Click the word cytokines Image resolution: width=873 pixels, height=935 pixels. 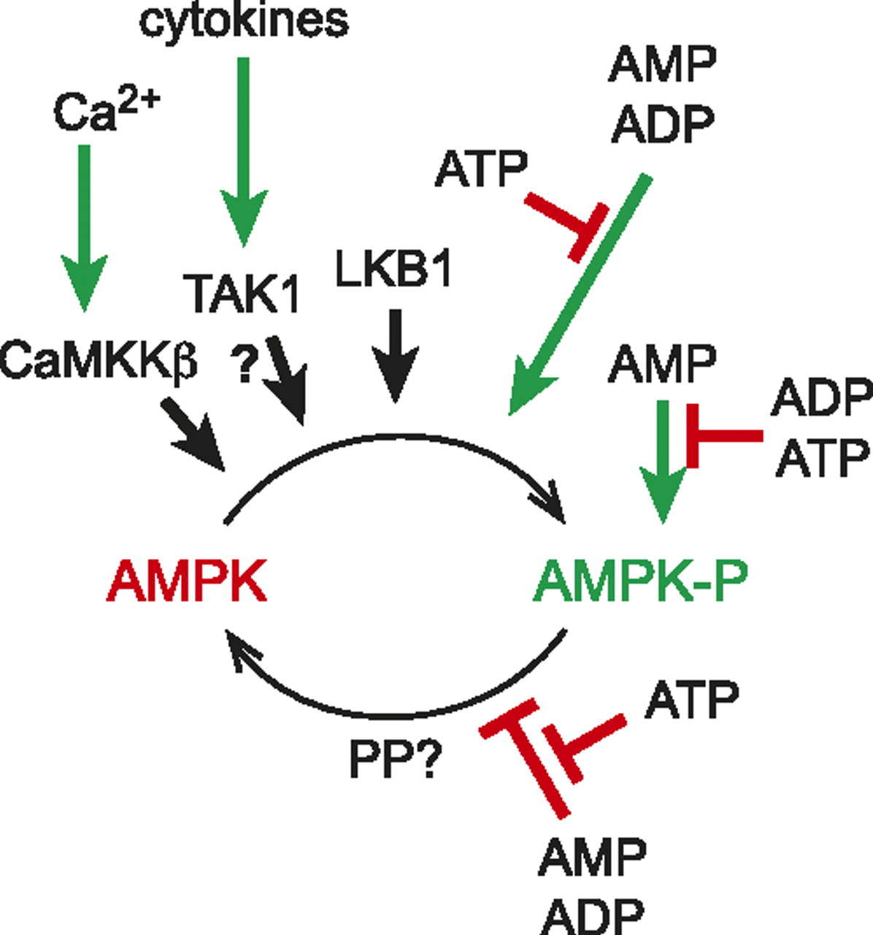click(x=244, y=20)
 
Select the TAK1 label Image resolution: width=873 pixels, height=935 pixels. click(x=245, y=294)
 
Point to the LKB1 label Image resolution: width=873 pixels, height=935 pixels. click(x=393, y=269)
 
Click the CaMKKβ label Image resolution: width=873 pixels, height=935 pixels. click(x=99, y=360)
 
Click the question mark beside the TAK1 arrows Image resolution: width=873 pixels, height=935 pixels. click(x=246, y=365)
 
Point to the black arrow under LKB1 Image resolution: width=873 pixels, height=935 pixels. click(x=395, y=354)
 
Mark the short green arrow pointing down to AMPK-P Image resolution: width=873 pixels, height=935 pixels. click(x=663, y=460)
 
